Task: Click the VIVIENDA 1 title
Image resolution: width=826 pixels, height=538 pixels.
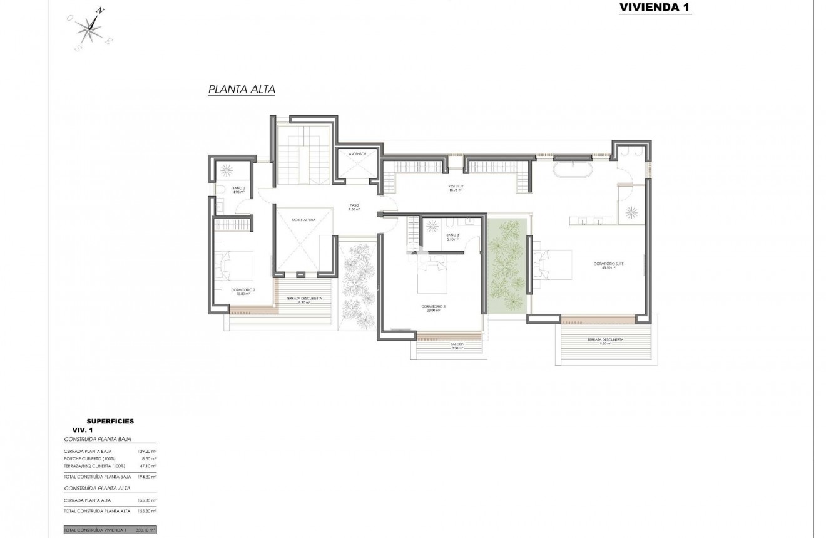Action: click(x=655, y=8)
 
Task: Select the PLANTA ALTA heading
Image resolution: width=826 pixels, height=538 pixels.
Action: click(x=242, y=90)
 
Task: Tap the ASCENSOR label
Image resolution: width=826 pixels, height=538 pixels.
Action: click(x=359, y=153)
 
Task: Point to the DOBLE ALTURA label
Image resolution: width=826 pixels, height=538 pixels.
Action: click(x=304, y=220)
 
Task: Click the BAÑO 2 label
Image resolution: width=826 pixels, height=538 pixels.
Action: click(x=238, y=189)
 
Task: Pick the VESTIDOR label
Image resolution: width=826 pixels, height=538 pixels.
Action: click(x=455, y=187)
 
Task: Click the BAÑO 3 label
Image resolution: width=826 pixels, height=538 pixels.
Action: click(x=453, y=236)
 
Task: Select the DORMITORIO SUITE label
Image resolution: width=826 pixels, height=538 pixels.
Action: click(x=608, y=264)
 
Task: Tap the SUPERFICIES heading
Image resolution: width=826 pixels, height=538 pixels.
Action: click(x=110, y=422)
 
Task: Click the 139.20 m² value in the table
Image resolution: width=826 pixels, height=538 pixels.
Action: click(x=146, y=451)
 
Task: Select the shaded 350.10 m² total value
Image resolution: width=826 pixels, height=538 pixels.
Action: click(x=145, y=530)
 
